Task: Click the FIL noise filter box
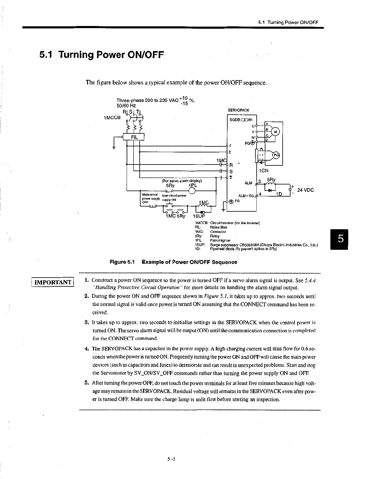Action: pyautogui.click(x=134, y=137)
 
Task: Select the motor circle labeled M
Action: pyautogui.click(x=276, y=132)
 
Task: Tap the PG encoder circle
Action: pyautogui.click(x=276, y=155)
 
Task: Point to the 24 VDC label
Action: pyautogui.click(x=306, y=190)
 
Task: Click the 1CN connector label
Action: pyautogui.click(x=264, y=171)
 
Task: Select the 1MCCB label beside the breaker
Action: pyautogui.click(x=112, y=117)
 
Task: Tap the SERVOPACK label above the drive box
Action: pyautogui.click(x=239, y=110)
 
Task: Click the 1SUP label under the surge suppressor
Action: pyautogui.click(x=199, y=216)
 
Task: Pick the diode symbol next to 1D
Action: pyautogui.click(x=270, y=190)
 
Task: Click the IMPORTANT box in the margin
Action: pyautogui.click(x=53, y=282)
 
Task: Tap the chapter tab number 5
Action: pyautogui.click(x=340, y=239)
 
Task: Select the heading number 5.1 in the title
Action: pyautogui.click(x=47, y=55)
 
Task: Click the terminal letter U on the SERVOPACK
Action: pyautogui.click(x=253, y=126)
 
